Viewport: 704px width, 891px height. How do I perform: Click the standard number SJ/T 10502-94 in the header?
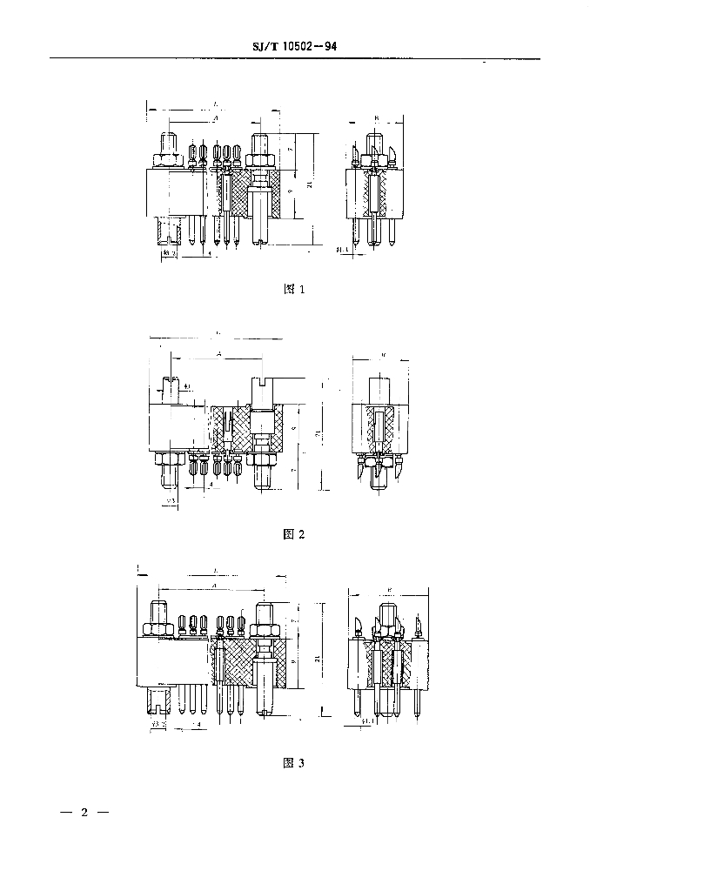(x=294, y=48)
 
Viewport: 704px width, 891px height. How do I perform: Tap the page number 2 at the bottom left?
(x=84, y=814)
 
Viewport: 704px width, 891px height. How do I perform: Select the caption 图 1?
(x=295, y=290)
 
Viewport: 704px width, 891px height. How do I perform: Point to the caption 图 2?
(x=294, y=534)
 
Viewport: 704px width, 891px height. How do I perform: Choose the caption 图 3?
(x=294, y=763)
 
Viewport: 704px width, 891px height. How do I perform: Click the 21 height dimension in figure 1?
(x=308, y=185)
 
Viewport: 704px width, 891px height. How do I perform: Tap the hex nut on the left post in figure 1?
(x=167, y=160)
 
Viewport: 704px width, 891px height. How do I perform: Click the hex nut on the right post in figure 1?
(x=260, y=160)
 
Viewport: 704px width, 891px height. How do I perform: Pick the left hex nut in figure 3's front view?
(x=160, y=629)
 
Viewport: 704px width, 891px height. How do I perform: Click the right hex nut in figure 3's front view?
(x=263, y=629)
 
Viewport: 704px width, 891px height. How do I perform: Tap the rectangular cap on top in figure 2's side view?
(x=380, y=390)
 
